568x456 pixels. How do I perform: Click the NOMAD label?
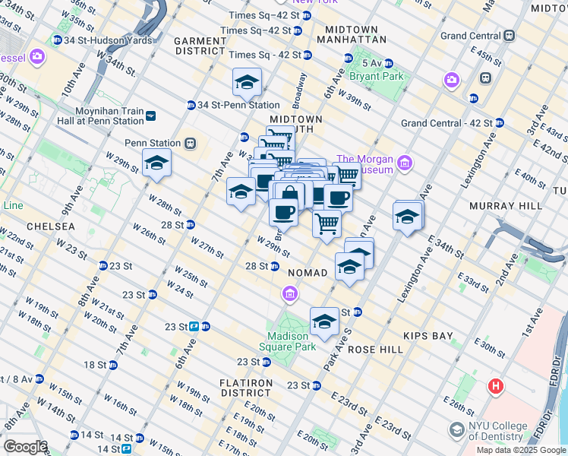click(x=308, y=272)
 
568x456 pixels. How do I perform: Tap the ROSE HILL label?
click(x=374, y=349)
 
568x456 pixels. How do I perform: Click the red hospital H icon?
click(x=497, y=386)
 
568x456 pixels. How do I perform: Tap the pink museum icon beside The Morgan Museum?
click(x=405, y=163)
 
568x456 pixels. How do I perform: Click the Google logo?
click(x=24, y=448)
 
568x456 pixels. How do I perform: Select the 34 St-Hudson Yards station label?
click(x=91, y=40)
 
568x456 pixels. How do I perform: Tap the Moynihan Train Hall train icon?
click(x=151, y=116)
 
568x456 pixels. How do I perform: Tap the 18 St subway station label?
click(x=96, y=365)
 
